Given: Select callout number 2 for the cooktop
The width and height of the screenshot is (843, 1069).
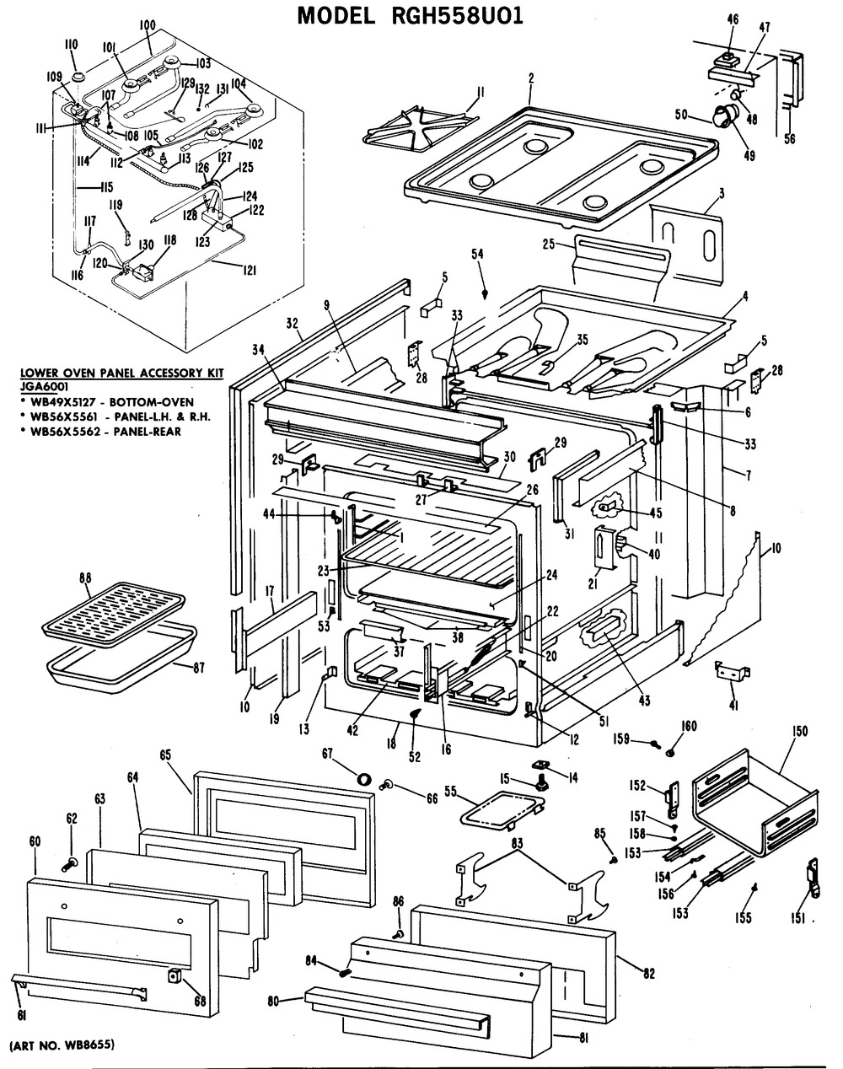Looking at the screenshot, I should tap(531, 78).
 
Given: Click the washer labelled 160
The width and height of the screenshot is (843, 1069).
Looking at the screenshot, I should tap(671, 751).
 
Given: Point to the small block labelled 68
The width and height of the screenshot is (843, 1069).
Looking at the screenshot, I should tap(175, 976).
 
